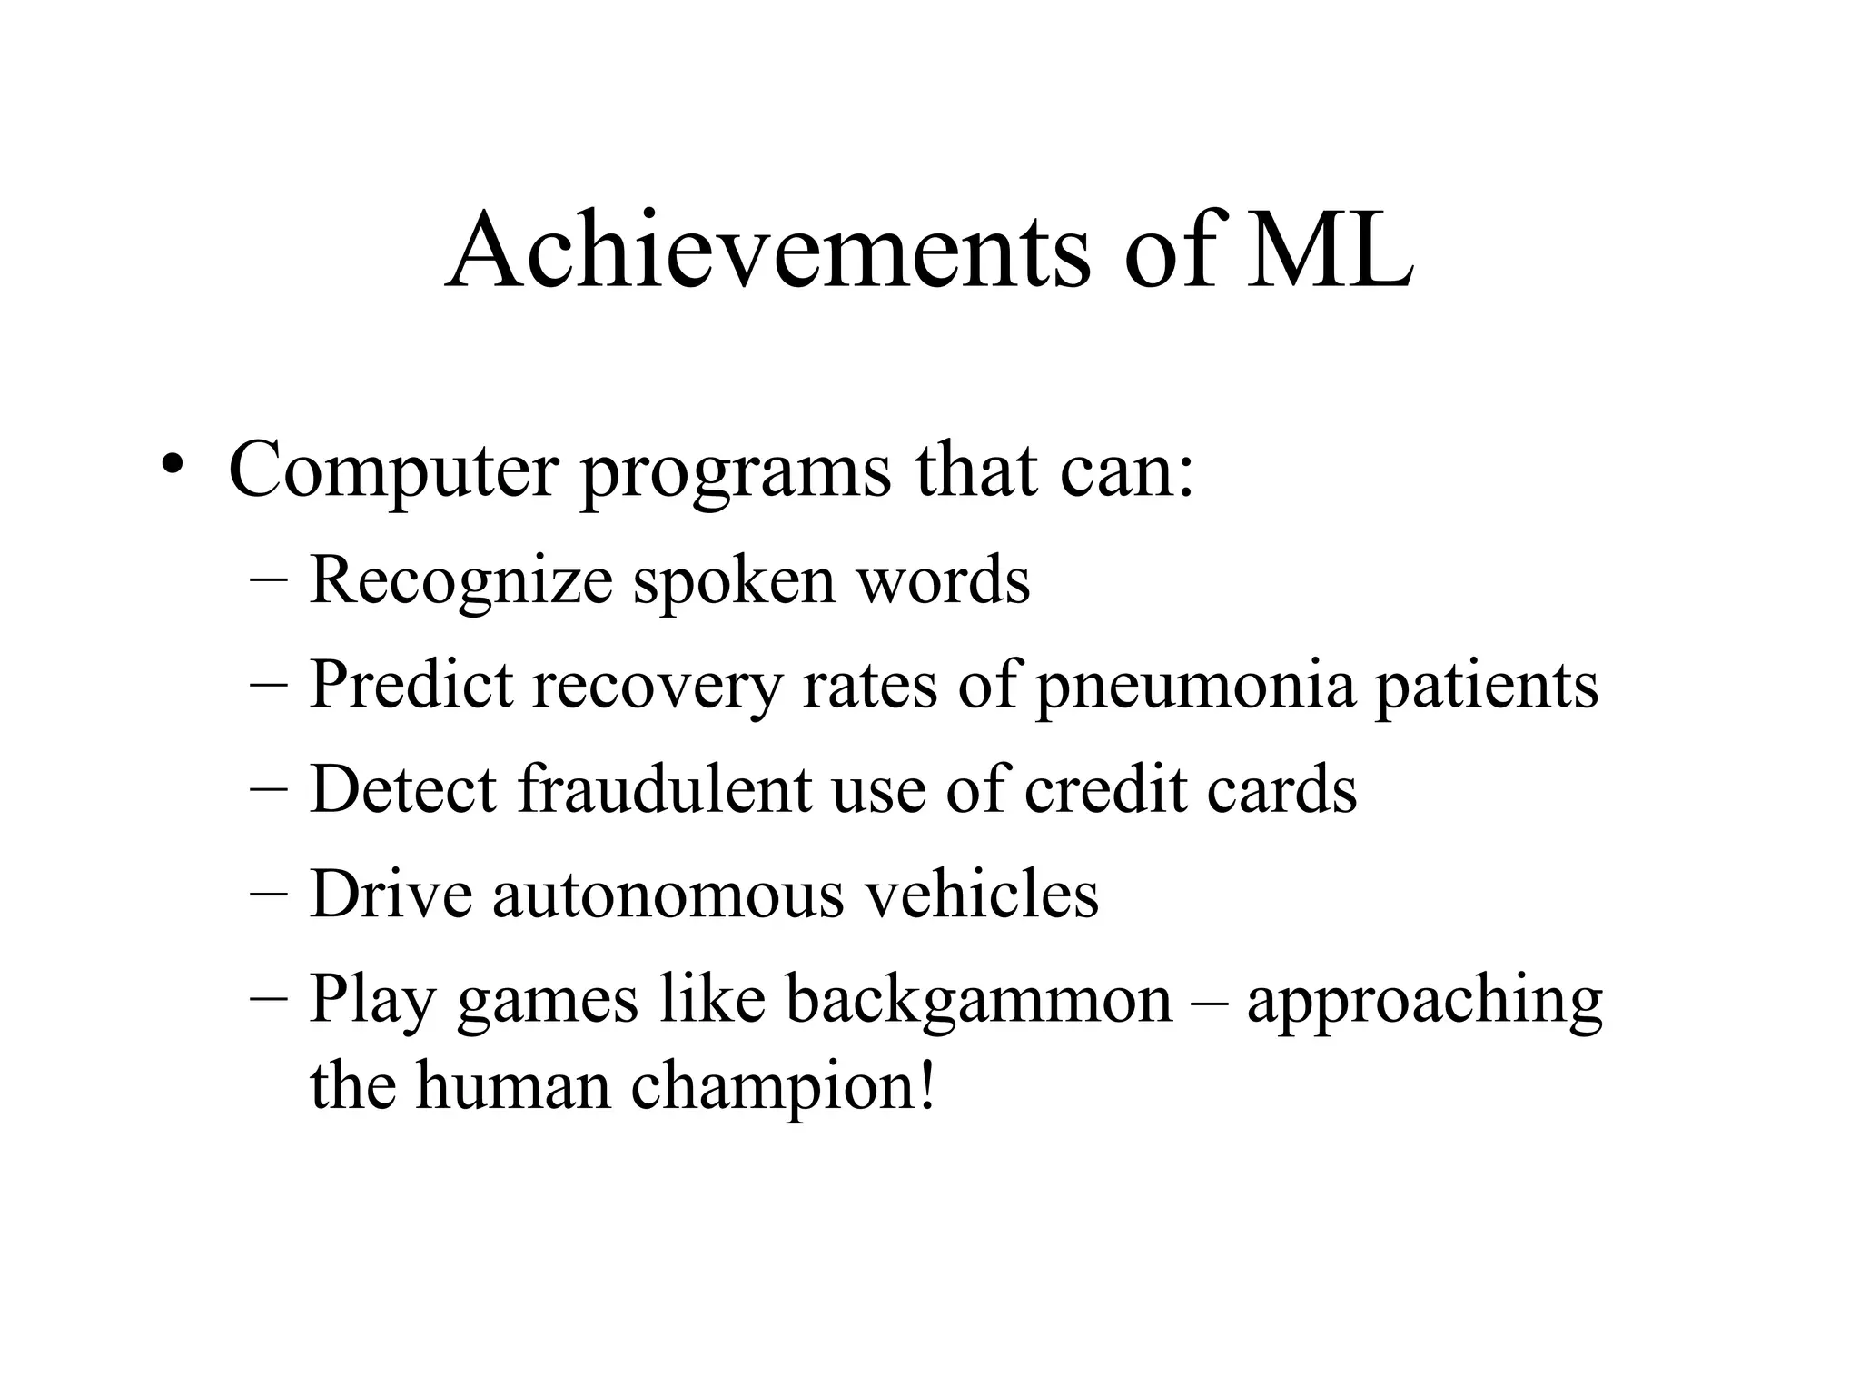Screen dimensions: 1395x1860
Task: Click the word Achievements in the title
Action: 767,249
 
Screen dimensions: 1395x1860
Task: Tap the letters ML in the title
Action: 1329,249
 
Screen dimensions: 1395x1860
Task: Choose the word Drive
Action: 391,894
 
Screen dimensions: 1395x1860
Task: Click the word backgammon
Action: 979,1001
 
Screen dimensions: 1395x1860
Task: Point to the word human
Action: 513,1087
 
